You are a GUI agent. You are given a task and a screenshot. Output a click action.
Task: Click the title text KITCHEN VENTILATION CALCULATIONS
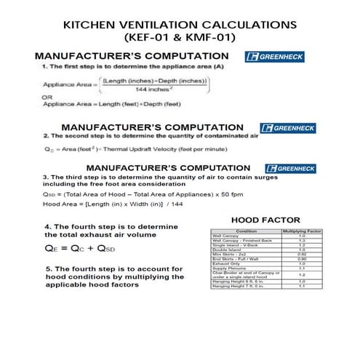tap(180, 24)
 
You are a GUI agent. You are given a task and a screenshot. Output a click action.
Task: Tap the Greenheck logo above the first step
tap(276, 57)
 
